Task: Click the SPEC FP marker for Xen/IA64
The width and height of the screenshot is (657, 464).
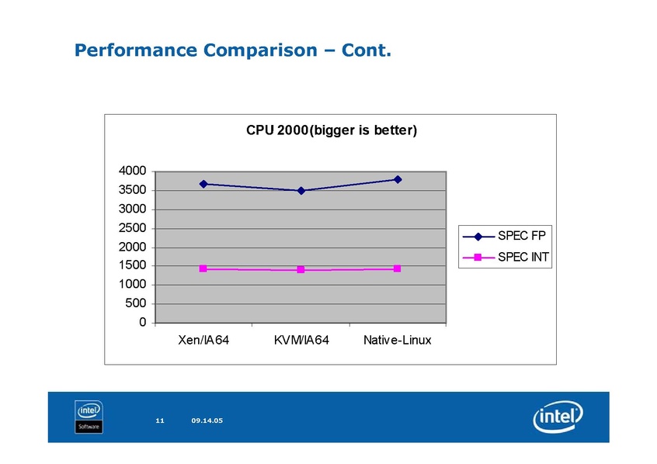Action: (203, 184)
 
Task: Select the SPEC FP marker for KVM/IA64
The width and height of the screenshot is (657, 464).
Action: (301, 190)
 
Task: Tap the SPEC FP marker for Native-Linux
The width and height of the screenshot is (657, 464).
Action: (398, 179)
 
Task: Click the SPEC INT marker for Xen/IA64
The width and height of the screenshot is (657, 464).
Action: (203, 268)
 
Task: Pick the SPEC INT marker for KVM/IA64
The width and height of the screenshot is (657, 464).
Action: (301, 270)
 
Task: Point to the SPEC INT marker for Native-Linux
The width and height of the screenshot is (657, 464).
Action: (398, 268)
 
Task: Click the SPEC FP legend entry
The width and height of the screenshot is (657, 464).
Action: (506, 237)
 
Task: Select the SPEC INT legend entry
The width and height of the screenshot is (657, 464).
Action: (506, 257)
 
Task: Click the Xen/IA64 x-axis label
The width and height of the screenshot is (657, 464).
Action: (203, 341)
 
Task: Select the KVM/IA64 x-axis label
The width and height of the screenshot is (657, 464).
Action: (301, 341)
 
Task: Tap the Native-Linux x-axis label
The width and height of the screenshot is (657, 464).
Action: (398, 341)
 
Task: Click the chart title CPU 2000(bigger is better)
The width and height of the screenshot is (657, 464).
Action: (332, 131)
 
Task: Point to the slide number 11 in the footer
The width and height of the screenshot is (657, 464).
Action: (160, 421)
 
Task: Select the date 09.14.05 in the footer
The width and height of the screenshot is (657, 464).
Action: (207, 421)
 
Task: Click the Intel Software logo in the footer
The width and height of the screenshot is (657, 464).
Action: (89, 417)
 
